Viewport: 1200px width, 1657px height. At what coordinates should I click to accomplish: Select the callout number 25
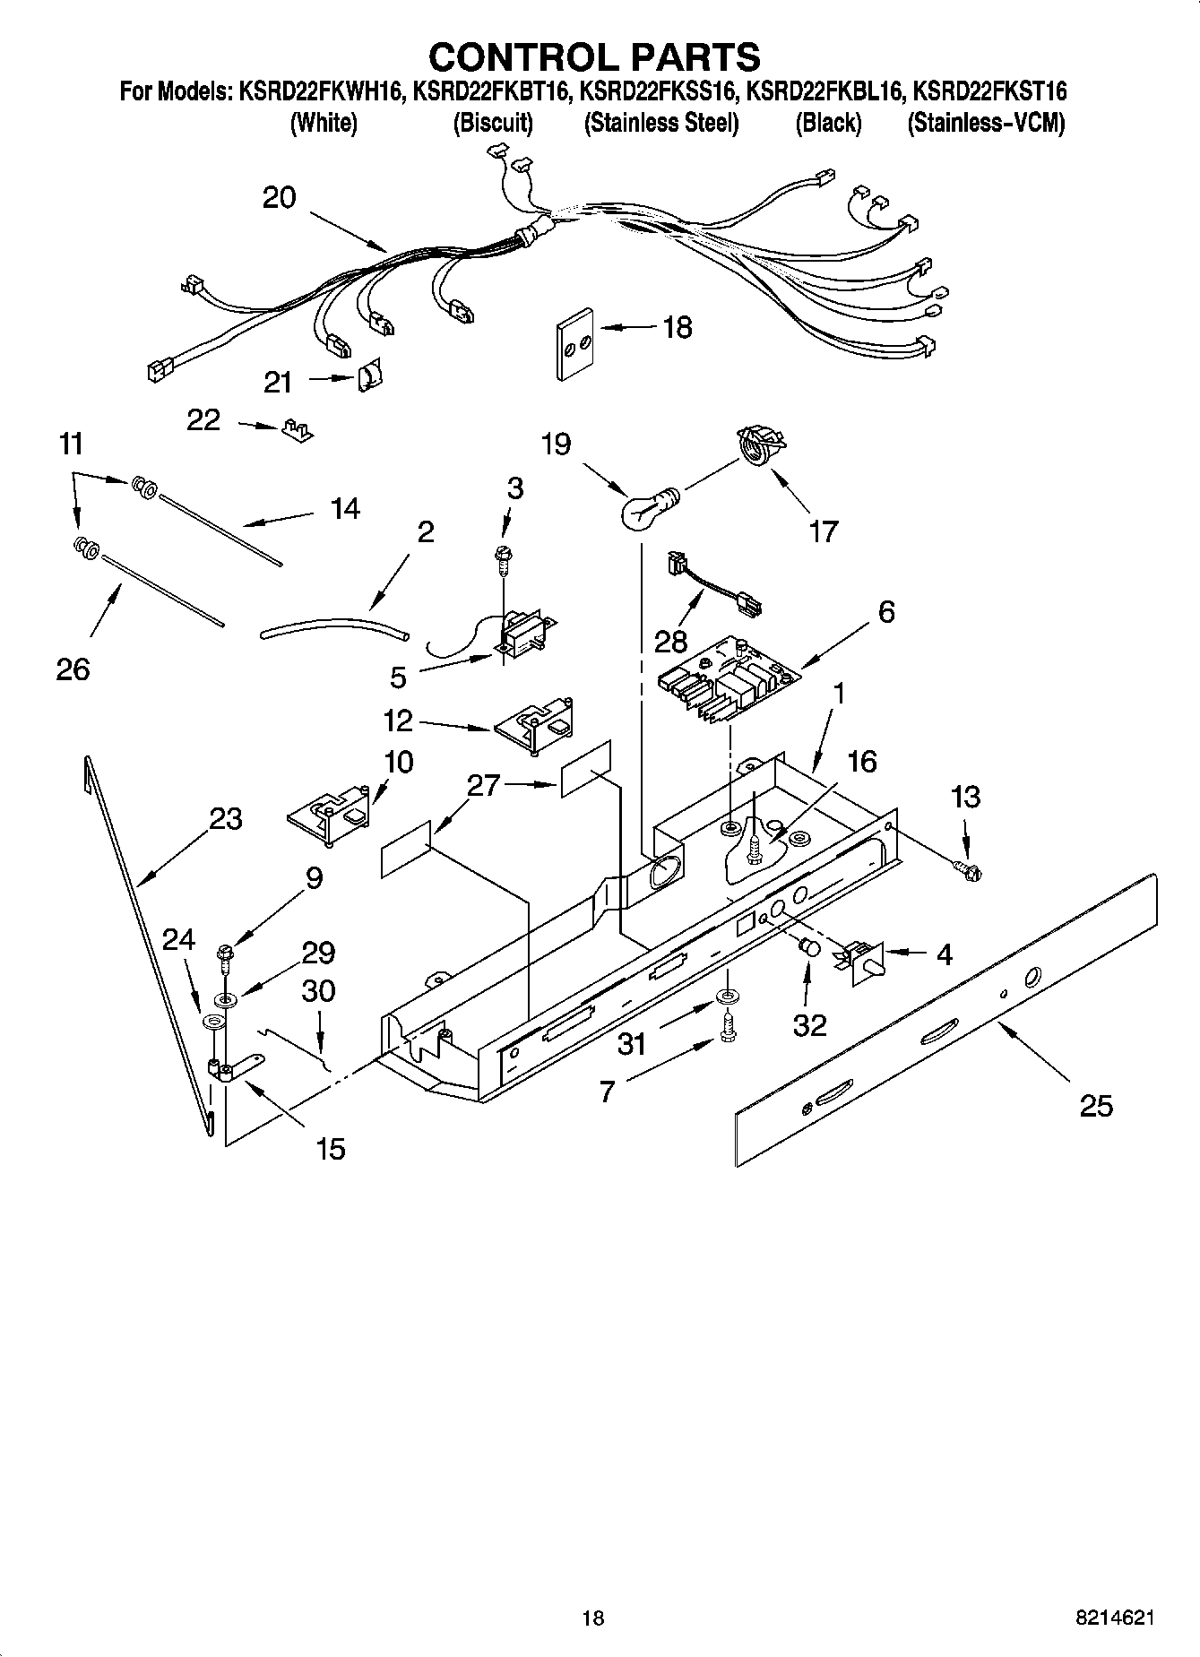point(1095,1106)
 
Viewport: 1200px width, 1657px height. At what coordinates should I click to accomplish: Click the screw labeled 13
point(967,868)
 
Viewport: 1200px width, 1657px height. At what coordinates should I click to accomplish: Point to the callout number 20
point(279,197)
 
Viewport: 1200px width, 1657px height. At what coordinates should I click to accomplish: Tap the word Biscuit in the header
point(492,124)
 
